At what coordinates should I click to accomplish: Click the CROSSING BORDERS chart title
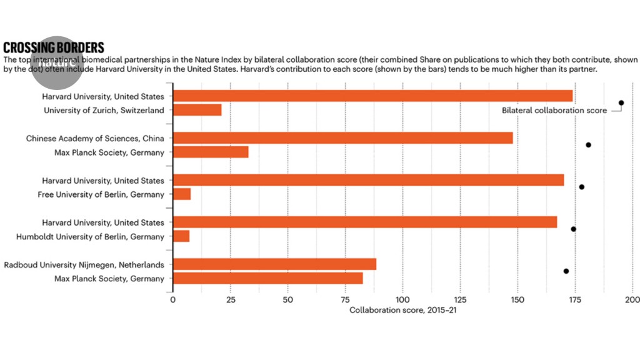(54, 47)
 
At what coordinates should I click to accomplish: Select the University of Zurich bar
(197, 110)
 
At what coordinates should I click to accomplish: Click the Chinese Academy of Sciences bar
(342, 138)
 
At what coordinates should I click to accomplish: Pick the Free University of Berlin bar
(182, 194)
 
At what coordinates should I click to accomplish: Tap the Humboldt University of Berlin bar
(181, 236)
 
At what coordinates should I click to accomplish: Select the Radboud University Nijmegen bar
(274, 264)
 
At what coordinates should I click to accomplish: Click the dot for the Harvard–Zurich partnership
(621, 102)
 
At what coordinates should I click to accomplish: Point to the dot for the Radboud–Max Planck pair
(566, 271)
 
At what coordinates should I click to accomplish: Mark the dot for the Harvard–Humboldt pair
(573, 229)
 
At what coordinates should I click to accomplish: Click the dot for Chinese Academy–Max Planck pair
(588, 145)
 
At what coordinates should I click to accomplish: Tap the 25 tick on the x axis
(230, 299)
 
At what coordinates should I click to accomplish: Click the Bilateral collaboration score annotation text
(554, 111)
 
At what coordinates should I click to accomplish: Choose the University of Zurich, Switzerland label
(104, 110)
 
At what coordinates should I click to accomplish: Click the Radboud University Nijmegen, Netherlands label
(84, 264)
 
